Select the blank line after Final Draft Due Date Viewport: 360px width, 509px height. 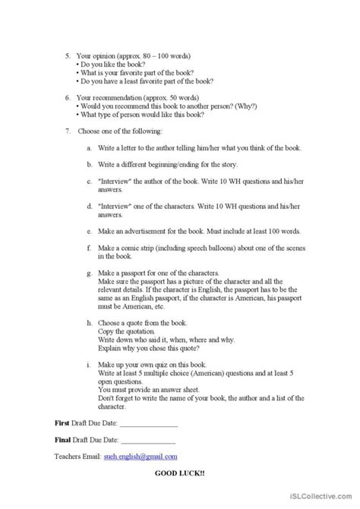[x=147, y=440]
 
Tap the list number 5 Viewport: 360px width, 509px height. [x=67, y=55]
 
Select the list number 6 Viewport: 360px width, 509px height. [x=67, y=98]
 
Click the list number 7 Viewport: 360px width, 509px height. [x=67, y=131]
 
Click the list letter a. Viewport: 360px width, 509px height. [x=89, y=148]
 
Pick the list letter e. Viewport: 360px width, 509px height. [x=89, y=231]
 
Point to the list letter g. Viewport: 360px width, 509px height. [x=89, y=272]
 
